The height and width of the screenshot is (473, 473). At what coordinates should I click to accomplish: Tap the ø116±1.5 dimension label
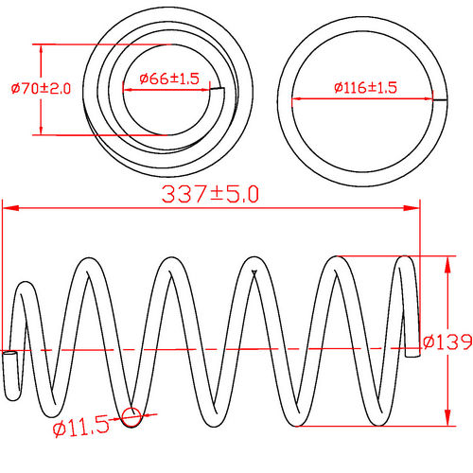[x=365, y=88]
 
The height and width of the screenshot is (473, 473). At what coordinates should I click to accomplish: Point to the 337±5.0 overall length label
[x=210, y=194]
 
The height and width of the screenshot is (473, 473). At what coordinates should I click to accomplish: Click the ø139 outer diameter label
[x=447, y=341]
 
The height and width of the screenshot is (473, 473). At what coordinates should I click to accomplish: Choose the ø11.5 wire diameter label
[x=83, y=429]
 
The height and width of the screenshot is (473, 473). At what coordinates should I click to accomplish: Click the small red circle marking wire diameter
[x=131, y=414]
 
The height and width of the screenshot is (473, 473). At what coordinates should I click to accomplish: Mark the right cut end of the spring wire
[x=414, y=350]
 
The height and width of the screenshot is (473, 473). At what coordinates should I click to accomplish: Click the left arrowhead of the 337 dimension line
[x=8, y=207]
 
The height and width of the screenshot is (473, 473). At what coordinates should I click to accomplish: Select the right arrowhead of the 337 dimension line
[x=412, y=207]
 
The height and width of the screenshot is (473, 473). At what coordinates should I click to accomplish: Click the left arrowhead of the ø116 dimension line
[x=295, y=98]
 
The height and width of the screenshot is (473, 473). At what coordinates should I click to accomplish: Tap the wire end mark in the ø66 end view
[x=219, y=90]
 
